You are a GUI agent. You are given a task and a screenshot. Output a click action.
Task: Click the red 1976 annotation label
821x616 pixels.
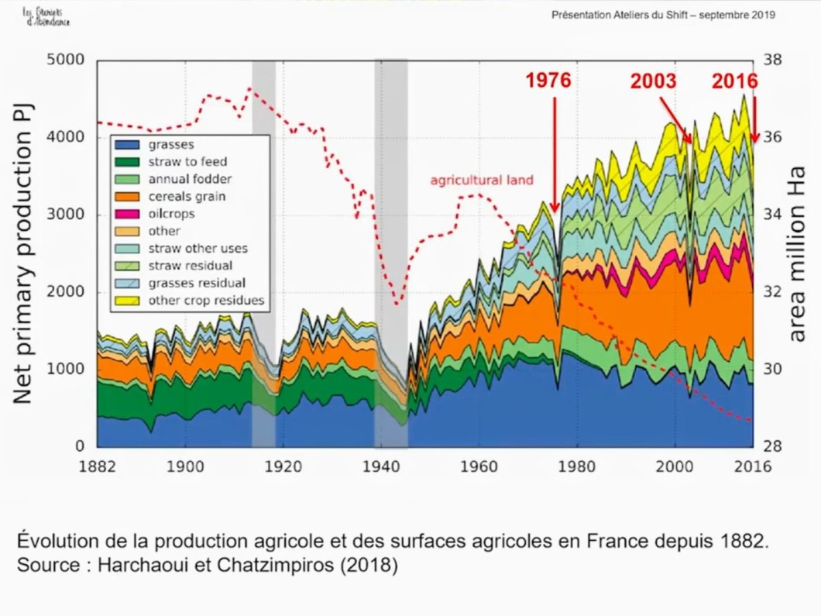[x=548, y=81]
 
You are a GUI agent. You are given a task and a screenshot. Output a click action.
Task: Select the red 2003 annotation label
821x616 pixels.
[x=653, y=81]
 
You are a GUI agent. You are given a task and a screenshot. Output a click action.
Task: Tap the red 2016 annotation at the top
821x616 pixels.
[x=734, y=81]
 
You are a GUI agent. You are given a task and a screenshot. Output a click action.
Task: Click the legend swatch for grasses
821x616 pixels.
[x=128, y=144]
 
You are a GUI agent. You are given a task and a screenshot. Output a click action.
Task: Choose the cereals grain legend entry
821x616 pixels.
[x=187, y=197]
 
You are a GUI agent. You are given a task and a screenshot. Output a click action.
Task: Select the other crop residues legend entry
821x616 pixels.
[x=205, y=300]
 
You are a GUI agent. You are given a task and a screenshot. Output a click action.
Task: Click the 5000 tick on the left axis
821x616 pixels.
[x=67, y=60]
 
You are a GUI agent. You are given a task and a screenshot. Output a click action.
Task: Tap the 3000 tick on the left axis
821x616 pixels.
[x=67, y=215]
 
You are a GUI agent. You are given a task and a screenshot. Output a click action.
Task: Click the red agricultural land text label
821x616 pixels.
[x=482, y=181]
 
